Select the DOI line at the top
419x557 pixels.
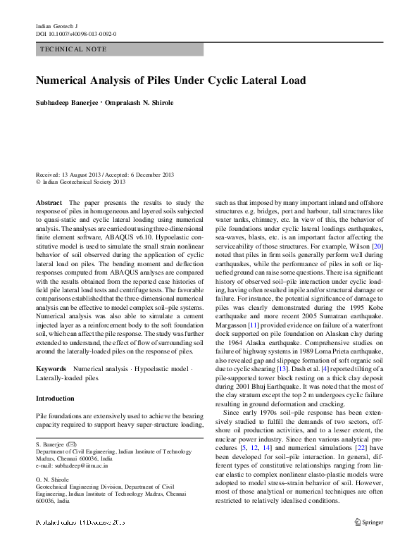coord(76,34)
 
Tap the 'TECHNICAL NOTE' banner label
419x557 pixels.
coord(74,50)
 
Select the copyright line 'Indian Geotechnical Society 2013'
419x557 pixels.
coord(84,182)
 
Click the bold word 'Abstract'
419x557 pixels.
coord(49,202)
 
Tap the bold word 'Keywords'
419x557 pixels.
coord(51,369)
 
